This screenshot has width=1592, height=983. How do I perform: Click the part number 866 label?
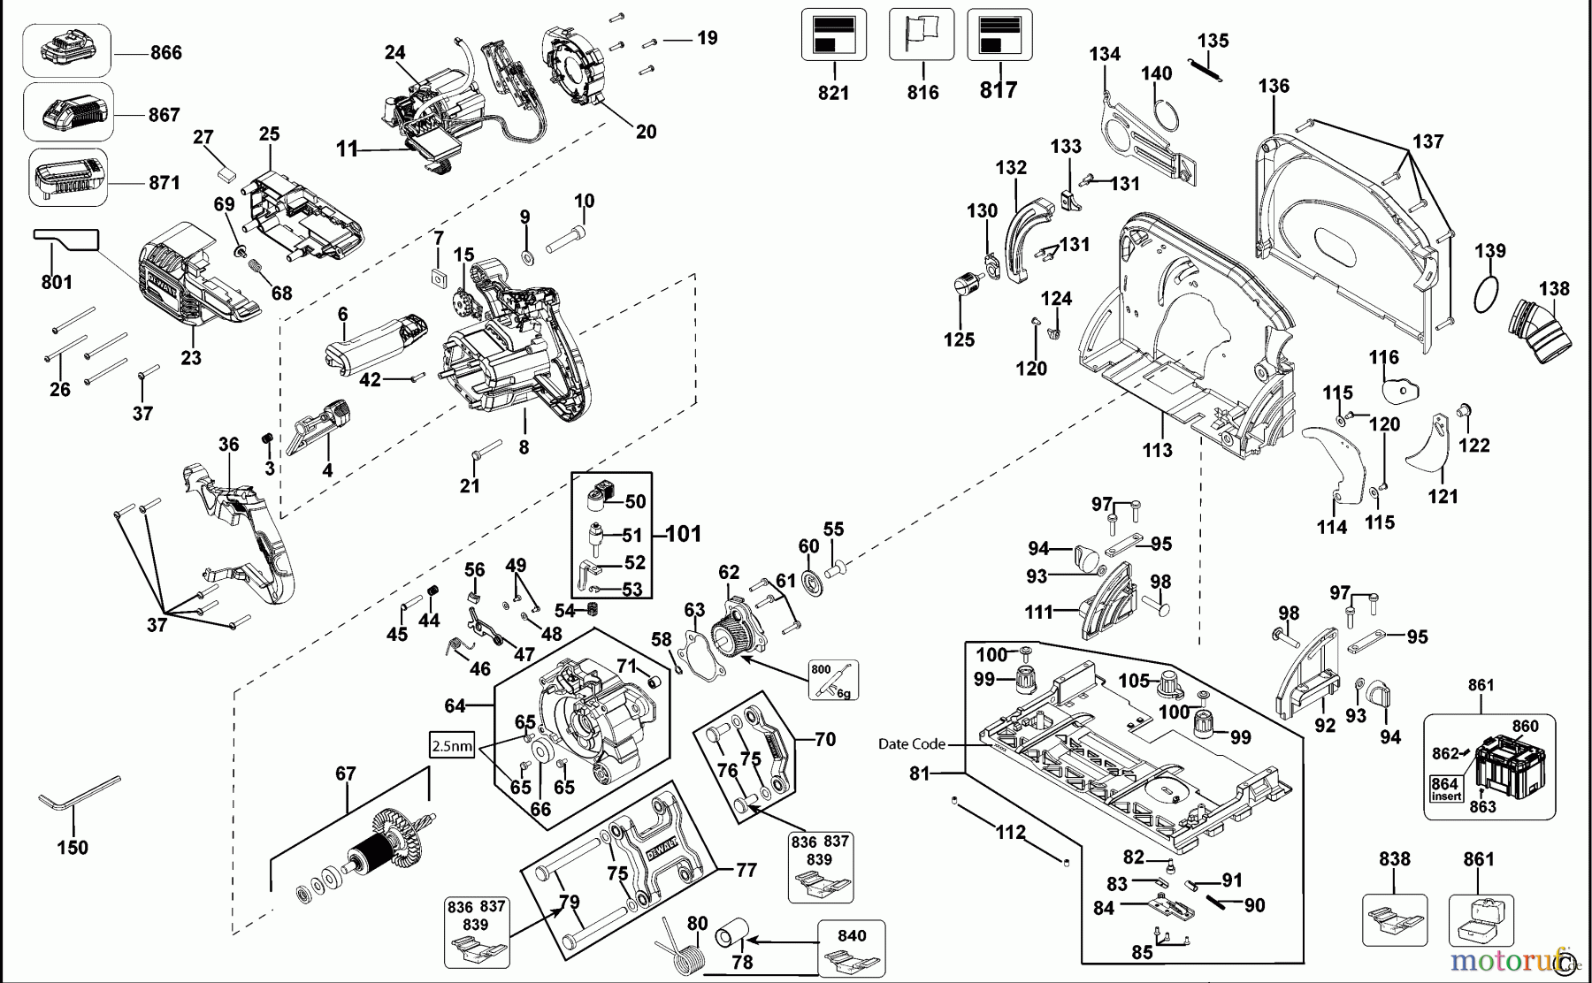(165, 53)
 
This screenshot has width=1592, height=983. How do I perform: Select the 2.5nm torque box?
(451, 745)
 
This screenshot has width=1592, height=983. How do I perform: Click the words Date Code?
(911, 744)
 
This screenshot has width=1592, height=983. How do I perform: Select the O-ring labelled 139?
(1488, 293)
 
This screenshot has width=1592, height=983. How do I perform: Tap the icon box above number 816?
(921, 34)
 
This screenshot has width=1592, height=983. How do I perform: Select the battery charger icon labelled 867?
(68, 112)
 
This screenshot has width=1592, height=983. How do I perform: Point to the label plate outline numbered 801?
(66, 239)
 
